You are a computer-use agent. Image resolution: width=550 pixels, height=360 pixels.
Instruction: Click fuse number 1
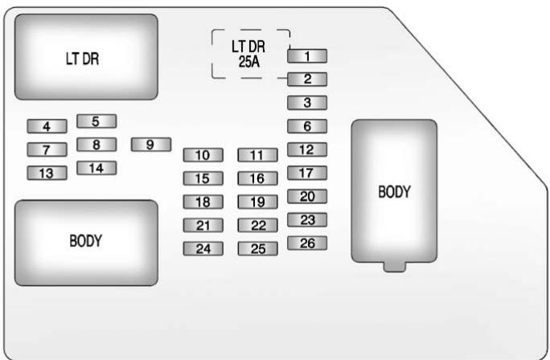(307, 56)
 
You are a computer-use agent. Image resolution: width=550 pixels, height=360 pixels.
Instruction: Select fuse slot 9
(150, 145)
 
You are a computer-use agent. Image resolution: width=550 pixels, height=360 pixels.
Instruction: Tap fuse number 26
(307, 243)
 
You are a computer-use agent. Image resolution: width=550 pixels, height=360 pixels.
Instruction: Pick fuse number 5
(96, 121)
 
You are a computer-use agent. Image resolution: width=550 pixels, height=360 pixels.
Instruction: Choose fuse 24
(203, 248)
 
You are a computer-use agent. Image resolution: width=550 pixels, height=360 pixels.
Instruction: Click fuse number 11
(257, 155)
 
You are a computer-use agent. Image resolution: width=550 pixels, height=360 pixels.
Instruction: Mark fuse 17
(307, 173)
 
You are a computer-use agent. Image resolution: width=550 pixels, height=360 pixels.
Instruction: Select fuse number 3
(307, 103)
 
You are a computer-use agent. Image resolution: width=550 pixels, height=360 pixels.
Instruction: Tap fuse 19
(257, 202)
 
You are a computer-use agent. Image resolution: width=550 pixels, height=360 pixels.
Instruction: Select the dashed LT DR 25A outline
(251, 55)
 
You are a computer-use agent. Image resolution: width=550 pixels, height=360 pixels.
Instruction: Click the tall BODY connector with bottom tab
(394, 193)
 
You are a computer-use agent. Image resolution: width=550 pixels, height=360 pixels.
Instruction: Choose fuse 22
(257, 226)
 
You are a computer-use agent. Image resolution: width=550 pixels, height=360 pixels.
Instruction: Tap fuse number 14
(96, 168)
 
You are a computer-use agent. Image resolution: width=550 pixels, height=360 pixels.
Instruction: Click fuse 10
(203, 155)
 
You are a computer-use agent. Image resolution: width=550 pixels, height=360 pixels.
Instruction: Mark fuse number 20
(307, 197)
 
